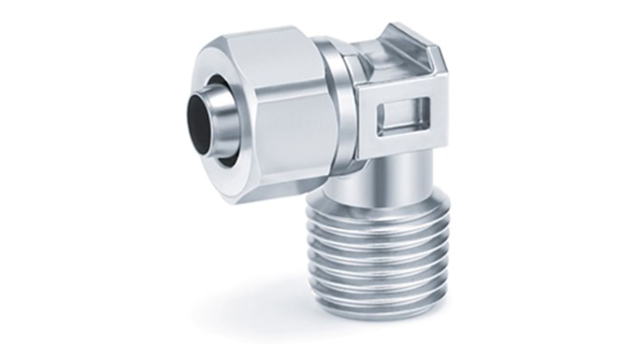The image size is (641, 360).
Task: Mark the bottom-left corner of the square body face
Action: tap(358, 158)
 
